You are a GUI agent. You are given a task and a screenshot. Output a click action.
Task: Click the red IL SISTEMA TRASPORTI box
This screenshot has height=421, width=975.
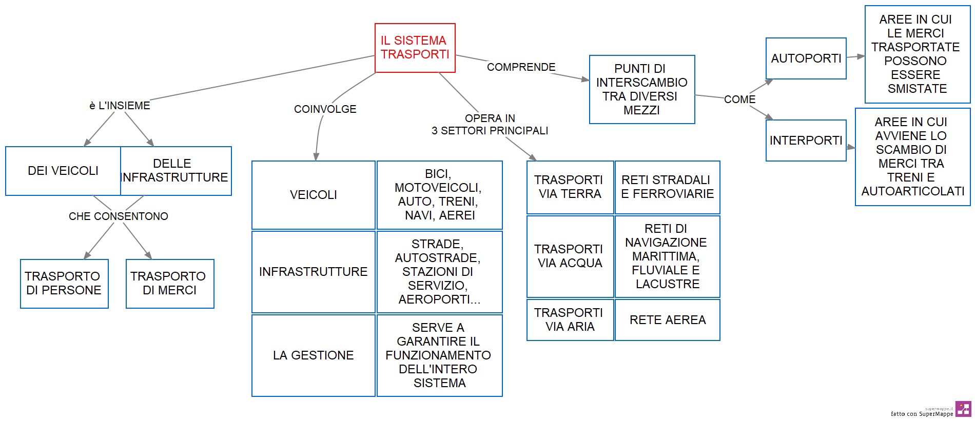[415, 48]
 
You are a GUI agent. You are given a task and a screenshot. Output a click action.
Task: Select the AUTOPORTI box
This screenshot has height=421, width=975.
[806, 58]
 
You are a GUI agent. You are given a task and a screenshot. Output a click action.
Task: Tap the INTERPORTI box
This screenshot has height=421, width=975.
[806, 141]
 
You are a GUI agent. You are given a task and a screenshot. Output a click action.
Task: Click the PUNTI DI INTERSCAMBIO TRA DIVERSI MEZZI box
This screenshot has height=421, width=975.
[642, 90]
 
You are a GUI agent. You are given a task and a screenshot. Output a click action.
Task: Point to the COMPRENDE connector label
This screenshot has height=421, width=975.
[521, 67]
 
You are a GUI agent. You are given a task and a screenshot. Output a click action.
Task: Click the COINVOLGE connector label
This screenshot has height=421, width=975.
[325, 109]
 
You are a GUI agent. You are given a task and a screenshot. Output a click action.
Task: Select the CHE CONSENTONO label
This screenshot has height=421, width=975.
[119, 216]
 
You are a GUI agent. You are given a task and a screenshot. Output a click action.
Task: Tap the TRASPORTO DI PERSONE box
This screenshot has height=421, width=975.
[64, 284]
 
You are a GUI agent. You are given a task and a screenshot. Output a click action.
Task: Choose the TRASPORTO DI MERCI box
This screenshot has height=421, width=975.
[170, 284]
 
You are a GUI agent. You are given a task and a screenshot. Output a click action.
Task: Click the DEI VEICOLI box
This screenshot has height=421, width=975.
[63, 171]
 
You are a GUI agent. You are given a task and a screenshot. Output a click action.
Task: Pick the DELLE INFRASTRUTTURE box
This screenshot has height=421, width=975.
[176, 171]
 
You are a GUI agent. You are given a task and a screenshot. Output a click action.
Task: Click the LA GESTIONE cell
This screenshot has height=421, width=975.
[314, 355]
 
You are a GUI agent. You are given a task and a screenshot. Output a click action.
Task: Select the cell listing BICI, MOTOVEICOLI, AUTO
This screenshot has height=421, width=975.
[440, 195]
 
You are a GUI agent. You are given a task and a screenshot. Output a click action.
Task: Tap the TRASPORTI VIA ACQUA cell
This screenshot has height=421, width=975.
[570, 256]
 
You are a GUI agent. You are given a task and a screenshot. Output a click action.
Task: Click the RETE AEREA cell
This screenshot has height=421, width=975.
[668, 320]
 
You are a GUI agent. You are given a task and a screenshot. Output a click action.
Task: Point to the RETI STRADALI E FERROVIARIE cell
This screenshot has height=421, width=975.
[668, 187]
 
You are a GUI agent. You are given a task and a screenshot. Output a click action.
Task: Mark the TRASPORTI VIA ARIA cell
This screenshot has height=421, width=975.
[570, 320]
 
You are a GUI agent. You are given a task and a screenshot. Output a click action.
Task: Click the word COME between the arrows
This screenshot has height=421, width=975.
[739, 99]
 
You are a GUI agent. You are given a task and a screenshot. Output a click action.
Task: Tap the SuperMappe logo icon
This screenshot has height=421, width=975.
[963, 409]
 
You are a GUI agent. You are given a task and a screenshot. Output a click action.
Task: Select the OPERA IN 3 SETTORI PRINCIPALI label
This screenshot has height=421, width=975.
[490, 125]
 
